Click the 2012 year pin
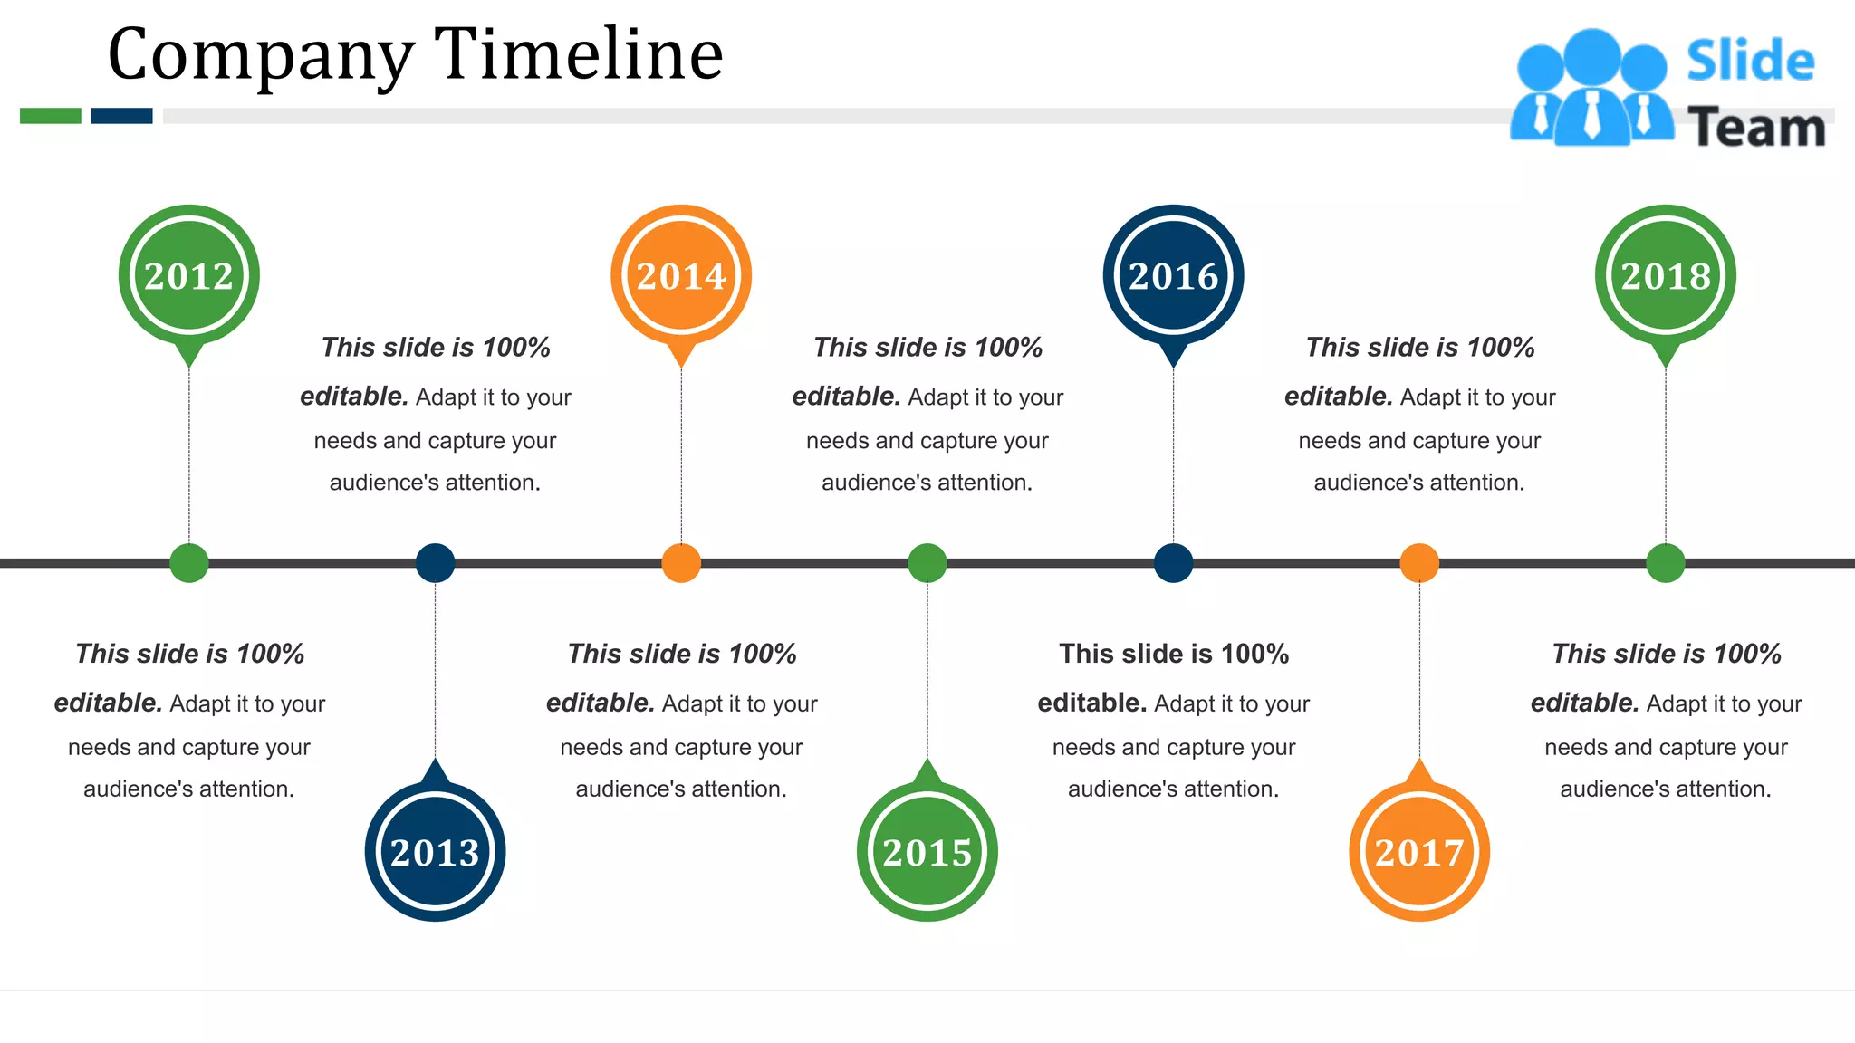[x=188, y=275]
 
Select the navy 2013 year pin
[x=435, y=851]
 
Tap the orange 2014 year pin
[x=681, y=275]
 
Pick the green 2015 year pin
[x=927, y=851]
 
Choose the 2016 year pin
[x=1173, y=275]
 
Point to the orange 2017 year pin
[x=1419, y=851]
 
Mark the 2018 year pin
[x=1665, y=275]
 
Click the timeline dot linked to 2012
[x=188, y=563]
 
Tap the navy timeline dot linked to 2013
[x=435, y=563]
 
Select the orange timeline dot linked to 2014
[x=681, y=563]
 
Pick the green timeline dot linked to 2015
[x=927, y=563]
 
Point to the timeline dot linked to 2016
[x=1173, y=563]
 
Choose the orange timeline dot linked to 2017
[x=1419, y=563]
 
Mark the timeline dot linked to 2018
[x=1665, y=563]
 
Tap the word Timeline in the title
[x=579, y=54]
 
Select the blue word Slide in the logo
[x=1750, y=62]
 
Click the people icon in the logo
[x=1591, y=89]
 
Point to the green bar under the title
[x=51, y=116]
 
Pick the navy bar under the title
[x=121, y=116]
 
